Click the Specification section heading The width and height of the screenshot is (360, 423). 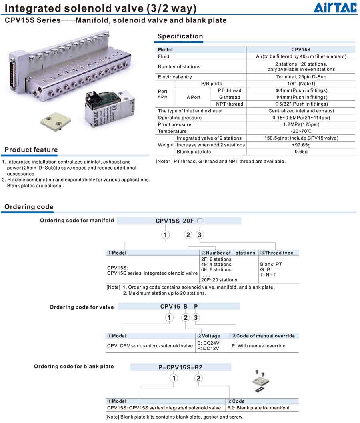(180, 36)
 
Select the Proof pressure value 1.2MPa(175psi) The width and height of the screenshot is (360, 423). (301, 124)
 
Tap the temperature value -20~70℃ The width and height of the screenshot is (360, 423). (301, 131)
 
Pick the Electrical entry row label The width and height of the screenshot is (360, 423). (175, 77)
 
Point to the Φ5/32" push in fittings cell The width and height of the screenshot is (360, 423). (301, 104)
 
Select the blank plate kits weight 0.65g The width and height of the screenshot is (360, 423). (301, 152)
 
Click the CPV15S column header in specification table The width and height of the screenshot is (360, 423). (301, 50)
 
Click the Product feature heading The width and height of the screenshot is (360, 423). (31, 150)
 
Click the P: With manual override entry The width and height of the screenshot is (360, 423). (261, 346)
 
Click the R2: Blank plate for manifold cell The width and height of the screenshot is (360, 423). (258, 408)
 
